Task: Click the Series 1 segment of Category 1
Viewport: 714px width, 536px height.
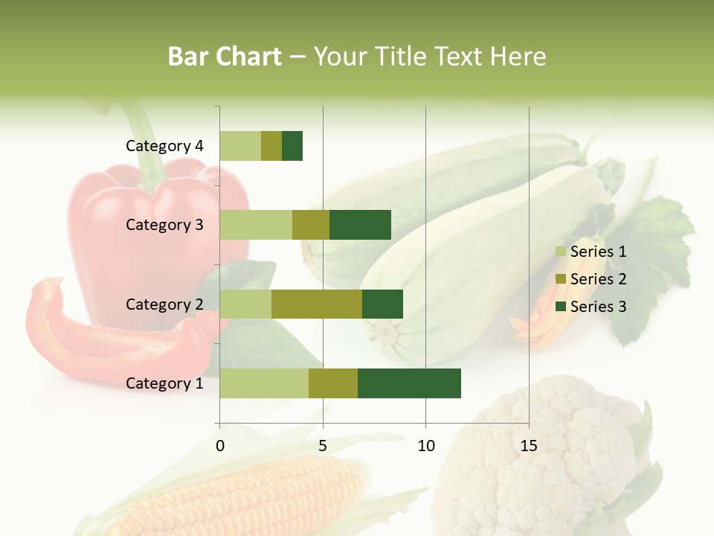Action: tap(264, 383)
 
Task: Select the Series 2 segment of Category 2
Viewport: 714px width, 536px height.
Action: tap(317, 304)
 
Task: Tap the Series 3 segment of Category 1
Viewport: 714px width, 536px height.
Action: tap(409, 383)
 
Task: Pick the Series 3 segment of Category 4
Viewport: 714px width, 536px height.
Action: tap(292, 146)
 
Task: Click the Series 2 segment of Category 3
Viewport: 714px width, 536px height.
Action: tap(311, 225)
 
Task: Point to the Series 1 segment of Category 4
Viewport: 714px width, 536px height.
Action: tap(240, 146)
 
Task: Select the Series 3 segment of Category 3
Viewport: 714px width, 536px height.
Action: tap(360, 225)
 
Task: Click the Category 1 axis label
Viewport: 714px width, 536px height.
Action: tap(164, 383)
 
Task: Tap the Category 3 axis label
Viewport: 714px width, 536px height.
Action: tap(164, 225)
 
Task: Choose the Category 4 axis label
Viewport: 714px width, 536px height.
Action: tap(164, 146)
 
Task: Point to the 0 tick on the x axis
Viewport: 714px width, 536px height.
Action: tap(220, 446)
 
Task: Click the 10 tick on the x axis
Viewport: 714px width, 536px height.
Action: tap(425, 446)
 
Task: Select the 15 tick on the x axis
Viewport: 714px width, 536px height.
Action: tap(529, 446)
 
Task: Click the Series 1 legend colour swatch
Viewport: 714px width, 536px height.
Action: tap(561, 252)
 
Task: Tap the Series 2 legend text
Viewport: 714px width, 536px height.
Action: tap(598, 279)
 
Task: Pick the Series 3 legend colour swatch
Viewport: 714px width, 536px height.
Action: tap(561, 307)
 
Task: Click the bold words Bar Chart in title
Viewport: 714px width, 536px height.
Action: tap(225, 57)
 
